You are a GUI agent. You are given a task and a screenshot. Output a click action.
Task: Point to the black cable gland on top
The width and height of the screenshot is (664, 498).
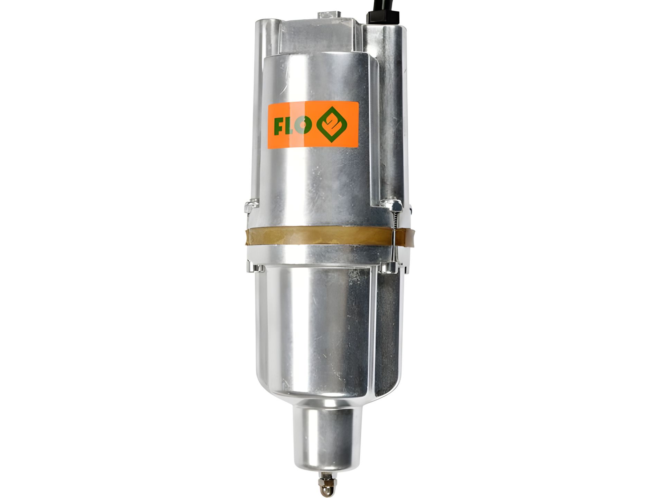[383, 17]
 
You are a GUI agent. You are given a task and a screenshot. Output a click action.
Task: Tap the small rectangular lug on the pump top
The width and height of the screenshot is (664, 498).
[329, 15]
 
